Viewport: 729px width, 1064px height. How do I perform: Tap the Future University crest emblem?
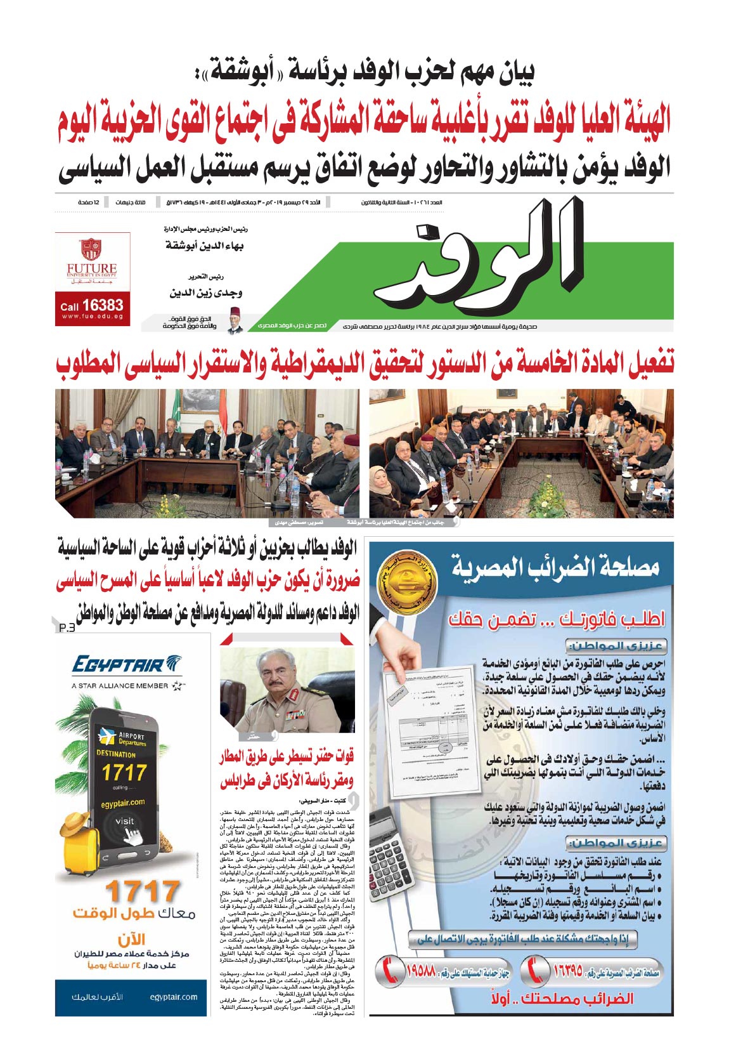tap(91, 249)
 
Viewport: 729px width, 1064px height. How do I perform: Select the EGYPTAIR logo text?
tap(119, 665)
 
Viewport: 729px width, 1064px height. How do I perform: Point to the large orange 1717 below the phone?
tap(141, 891)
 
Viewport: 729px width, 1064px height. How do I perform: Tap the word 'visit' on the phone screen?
tap(124, 820)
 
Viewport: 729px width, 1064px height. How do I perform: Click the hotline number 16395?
tap(568, 971)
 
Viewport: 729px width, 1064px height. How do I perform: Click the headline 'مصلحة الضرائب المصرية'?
tap(555, 567)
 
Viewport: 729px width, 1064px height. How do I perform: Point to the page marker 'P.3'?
tap(67, 628)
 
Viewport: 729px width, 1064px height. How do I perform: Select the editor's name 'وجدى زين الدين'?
tap(206, 293)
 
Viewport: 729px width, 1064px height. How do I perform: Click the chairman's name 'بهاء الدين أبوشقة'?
tap(205, 246)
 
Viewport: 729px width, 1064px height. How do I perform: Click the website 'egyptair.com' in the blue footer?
tap(174, 997)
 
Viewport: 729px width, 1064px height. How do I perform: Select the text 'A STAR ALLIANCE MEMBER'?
tap(120, 686)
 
